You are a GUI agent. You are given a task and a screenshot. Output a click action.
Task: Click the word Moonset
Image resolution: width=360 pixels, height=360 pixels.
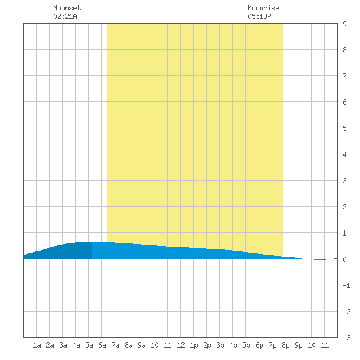(67, 8)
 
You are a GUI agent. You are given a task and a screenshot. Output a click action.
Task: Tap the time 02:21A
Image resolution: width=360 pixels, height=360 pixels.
(65, 16)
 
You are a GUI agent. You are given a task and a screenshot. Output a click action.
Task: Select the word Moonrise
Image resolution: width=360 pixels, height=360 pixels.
(263, 8)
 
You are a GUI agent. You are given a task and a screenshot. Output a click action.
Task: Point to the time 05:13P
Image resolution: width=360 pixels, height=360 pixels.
(259, 16)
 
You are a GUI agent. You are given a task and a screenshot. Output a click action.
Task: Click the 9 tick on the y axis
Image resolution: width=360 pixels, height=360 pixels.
(344, 24)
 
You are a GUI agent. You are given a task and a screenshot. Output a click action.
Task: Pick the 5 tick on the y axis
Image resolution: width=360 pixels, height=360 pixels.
(344, 128)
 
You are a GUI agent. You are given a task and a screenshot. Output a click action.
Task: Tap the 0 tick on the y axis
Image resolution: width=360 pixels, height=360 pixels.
(344, 259)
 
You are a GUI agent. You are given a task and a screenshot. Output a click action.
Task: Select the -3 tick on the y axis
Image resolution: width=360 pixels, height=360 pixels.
(346, 338)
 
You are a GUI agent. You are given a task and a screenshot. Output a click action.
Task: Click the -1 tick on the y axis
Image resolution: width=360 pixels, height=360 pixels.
(346, 285)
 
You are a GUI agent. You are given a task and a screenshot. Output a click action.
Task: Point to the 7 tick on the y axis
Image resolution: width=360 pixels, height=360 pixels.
(344, 76)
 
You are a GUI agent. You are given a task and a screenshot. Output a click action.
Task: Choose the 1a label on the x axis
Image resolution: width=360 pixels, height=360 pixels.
(37, 345)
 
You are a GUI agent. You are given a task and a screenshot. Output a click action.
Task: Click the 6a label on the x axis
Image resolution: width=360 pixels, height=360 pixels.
(102, 345)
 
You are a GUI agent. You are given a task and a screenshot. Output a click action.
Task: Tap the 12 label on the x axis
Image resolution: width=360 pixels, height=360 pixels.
(181, 345)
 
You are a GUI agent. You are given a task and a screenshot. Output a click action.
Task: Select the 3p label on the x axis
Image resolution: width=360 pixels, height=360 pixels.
(220, 345)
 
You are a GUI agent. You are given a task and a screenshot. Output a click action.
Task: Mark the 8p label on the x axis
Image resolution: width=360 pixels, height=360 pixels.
(285, 345)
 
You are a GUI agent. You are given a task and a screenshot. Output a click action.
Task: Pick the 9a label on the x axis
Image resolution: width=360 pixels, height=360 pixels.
(141, 345)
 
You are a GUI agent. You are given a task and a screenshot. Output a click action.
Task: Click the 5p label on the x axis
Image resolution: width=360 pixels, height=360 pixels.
(246, 345)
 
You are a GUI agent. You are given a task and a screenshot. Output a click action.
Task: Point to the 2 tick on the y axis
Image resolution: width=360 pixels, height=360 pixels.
(344, 207)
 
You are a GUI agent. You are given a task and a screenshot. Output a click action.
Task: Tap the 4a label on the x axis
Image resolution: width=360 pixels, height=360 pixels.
(76, 345)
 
